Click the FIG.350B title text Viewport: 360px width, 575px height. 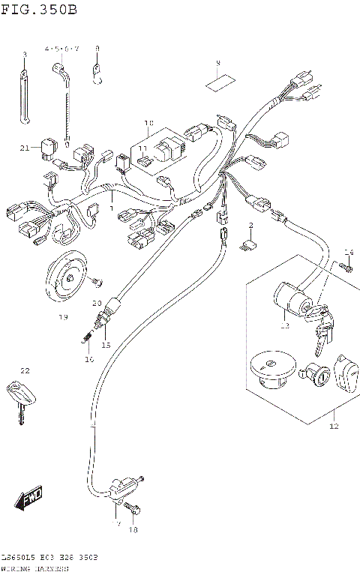click(x=39, y=9)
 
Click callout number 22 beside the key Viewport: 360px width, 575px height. click(x=24, y=371)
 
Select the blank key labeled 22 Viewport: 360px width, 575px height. click(x=21, y=397)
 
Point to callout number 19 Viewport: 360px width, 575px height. click(x=63, y=317)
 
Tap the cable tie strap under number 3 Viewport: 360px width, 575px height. click(x=23, y=94)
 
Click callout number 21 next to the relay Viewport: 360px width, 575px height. click(x=148, y=122)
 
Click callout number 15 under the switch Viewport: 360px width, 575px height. click(x=106, y=345)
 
